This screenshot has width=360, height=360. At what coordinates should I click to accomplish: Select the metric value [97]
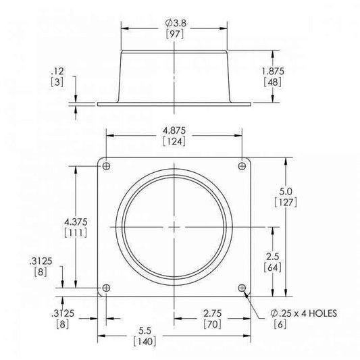(175, 34)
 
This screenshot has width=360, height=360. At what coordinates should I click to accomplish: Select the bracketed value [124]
(175, 141)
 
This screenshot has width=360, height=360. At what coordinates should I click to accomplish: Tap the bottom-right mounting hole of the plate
(242, 288)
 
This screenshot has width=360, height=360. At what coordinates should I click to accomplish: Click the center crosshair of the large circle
(175, 227)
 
